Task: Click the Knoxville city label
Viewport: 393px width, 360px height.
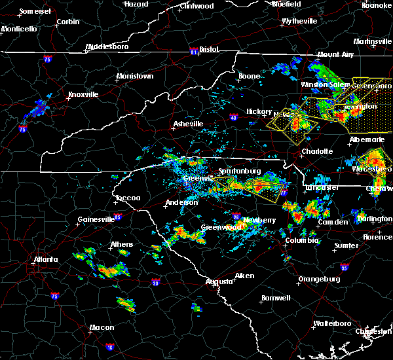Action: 83,94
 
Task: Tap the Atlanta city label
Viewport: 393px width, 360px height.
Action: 46,259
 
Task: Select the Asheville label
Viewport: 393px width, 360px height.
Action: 188,124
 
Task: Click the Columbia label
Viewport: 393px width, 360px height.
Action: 301,241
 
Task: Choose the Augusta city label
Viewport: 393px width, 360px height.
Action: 219,281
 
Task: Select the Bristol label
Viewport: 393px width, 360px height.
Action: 209,49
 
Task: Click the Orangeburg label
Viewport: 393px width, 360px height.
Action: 318,279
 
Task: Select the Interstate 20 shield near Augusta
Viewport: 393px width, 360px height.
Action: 155,282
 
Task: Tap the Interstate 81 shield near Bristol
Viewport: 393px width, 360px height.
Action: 193,49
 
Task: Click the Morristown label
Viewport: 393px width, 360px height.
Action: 134,76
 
